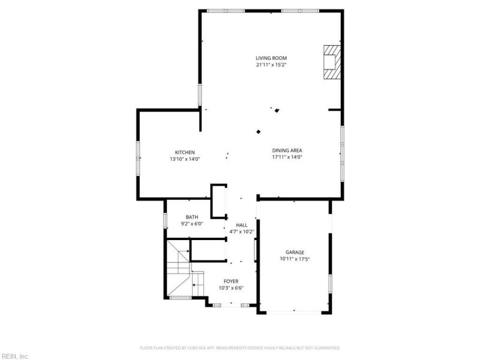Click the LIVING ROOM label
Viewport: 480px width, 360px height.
271,58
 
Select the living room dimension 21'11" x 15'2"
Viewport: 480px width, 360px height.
271,65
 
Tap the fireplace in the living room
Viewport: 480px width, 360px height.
332,62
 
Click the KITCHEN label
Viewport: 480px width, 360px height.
185,152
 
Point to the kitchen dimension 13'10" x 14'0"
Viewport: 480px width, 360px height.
185,159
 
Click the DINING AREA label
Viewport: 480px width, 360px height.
287,151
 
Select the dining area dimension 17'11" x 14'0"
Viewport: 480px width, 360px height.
287,157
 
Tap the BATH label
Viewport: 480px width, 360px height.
191,217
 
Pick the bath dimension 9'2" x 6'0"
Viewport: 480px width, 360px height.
191,224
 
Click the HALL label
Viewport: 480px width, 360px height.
242,225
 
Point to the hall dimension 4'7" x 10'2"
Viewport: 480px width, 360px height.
242,232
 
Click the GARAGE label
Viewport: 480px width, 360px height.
295,252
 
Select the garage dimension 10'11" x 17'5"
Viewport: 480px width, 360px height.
295,259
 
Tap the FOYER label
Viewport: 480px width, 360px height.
231,281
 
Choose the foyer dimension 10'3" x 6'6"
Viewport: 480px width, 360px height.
231,288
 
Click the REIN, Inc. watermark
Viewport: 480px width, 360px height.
14,356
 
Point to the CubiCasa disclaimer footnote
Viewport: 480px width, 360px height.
240,348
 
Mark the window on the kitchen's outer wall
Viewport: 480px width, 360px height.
138,158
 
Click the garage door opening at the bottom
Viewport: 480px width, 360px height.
294,312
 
